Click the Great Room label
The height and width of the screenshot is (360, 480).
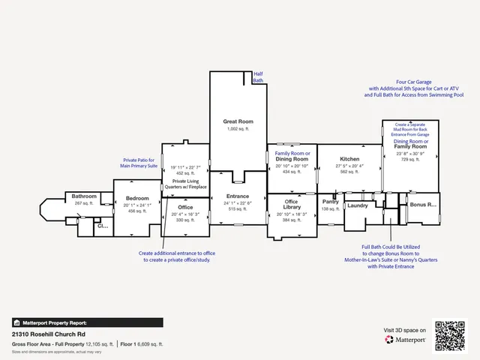[238, 121]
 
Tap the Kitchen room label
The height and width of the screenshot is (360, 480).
[350, 160]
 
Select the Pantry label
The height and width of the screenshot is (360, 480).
[331, 201]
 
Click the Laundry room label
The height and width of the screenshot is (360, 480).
[358, 205]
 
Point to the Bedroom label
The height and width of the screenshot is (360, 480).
[137, 199]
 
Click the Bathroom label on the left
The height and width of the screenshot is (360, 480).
[84, 196]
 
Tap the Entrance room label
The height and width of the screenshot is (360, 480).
[238, 196]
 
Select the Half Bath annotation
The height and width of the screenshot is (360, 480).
[258, 76]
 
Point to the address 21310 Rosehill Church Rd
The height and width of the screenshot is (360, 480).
[49, 334]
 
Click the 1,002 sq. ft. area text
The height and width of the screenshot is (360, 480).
[238, 129]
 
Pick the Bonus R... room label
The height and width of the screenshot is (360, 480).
[422, 204]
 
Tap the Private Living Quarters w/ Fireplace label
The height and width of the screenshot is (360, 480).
[186, 184]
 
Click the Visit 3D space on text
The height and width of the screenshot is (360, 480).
[405, 329]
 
